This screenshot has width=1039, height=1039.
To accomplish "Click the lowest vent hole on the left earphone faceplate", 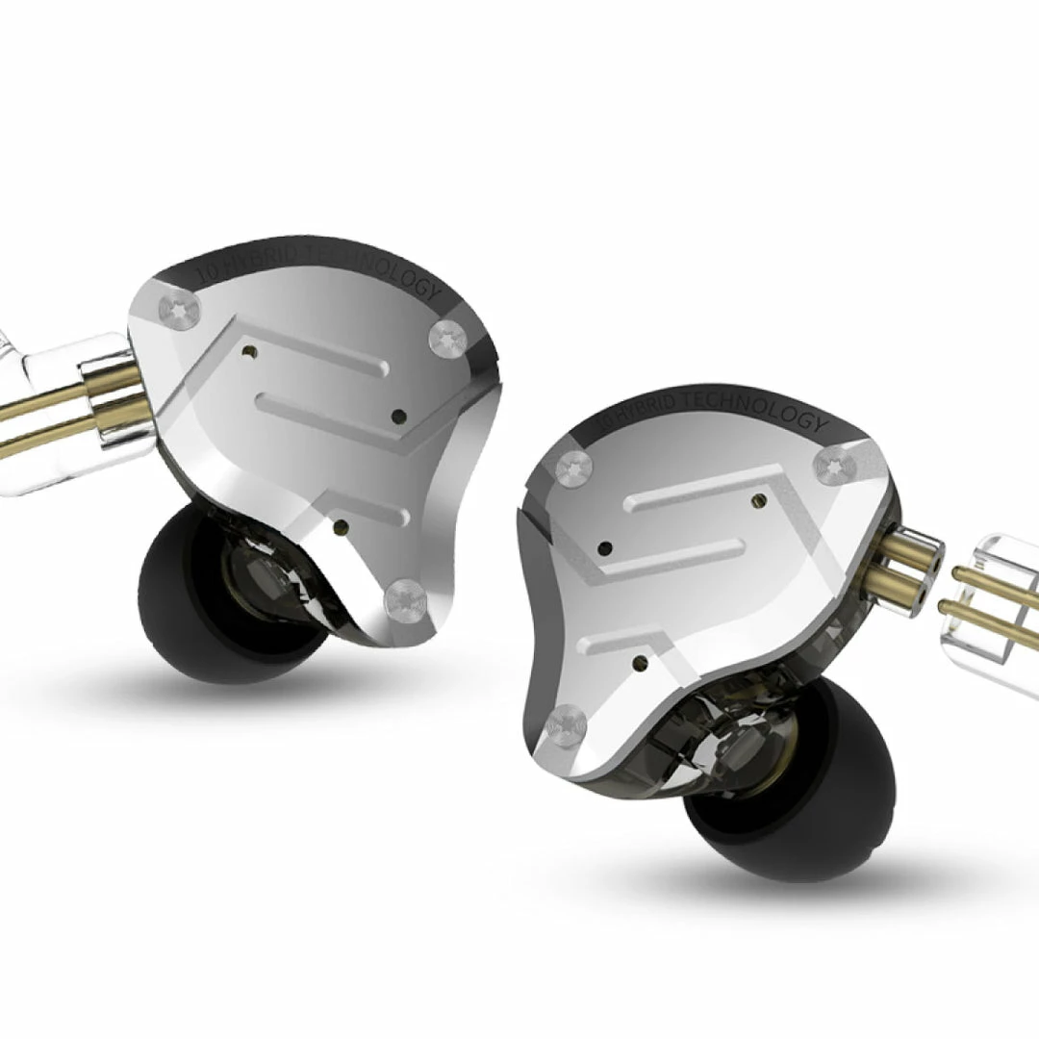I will tap(340, 526).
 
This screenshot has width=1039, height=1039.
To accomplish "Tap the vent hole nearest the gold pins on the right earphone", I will tap(760, 500).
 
